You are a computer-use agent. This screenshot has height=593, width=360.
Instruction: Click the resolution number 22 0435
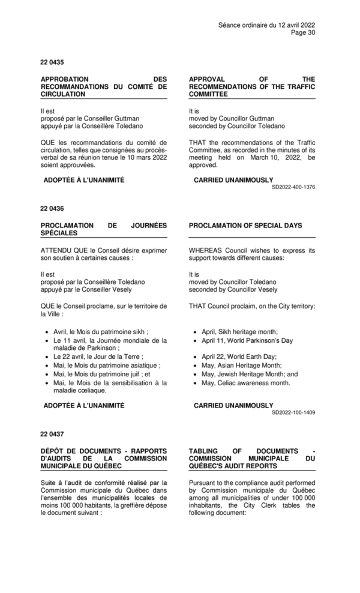pos(52,62)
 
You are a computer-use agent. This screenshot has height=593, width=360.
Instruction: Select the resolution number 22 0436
pos(52,208)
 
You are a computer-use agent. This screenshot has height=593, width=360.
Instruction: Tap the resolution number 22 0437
pos(52,433)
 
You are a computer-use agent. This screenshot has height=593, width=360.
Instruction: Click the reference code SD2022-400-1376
pos(293,187)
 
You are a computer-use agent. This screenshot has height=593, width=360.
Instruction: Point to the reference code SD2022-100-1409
pos(293,413)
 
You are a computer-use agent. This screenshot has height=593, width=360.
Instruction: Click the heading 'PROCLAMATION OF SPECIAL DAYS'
pos(245,226)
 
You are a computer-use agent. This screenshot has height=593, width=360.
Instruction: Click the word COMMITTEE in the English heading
pos(208,94)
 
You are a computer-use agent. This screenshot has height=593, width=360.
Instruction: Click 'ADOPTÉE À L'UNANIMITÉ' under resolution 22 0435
pos(84,180)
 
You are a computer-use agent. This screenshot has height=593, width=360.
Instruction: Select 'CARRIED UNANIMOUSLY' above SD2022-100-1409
pos(233,406)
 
